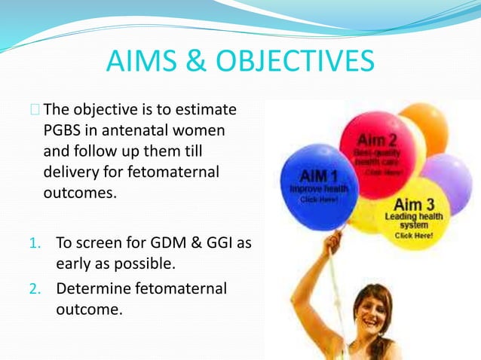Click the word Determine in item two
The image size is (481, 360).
pos(92,287)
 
